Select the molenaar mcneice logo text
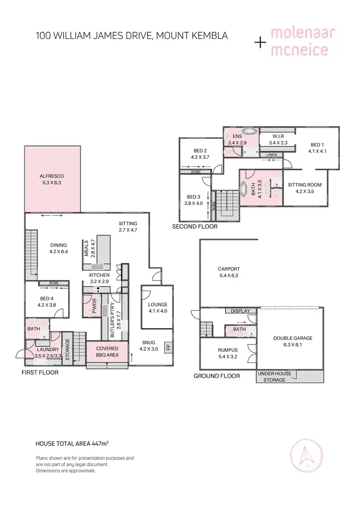pos(302,42)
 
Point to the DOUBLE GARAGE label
pos(293,338)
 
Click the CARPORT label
pos(228,269)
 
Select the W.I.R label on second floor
pos(278,136)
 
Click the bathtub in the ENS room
pos(249,131)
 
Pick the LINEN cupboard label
pos(272,154)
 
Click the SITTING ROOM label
pos(305,185)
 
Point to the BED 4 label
pos(47,298)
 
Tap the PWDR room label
pos(90,307)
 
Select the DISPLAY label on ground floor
pos(240,311)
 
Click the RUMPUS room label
pos(228,350)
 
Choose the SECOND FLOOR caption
pos(195,226)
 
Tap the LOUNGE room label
pos(157,305)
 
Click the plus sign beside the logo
pos(260,42)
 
